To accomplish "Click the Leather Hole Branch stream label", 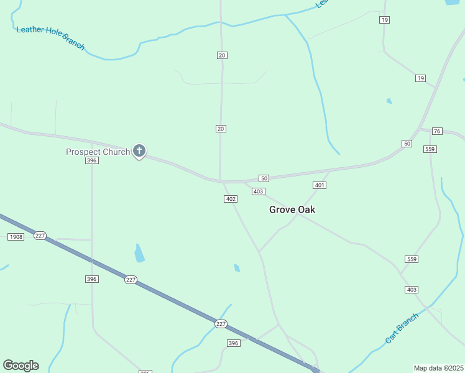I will pyautogui.click(x=50, y=37).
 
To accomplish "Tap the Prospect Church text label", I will pyautogui.click(x=98, y=152).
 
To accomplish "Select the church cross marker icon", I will pyautogui.click(x=139, y=150).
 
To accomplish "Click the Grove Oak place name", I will pyautogui.click(x=292, y=210).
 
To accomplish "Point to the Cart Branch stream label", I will pyautogui.click(x=402, y=328).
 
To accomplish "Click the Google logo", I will pyautogui.click(x=21, y=366).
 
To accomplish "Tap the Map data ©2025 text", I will pyautogui.click(x=438, y=368).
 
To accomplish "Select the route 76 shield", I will pyautogui.click(x=437, y=131).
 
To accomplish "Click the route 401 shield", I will pyautogui.click(x=320, y=185).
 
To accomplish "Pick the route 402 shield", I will pyautogui.click(x=231, y=199).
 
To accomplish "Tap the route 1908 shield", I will pyautogui.click(x=16, y=237).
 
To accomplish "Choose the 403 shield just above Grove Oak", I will pyautogui.click(x=259, y=191).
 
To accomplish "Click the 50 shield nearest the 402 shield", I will pyautogui.click(x=264, y=178).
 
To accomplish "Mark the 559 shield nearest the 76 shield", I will pyautogui.click(x=430, y=149).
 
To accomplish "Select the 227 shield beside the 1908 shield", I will pyautogui.click(x=40, y=236).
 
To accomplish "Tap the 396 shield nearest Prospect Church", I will pyautogui.click(x=92, y=160).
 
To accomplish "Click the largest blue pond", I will pyautogui.click(x=139, y=252).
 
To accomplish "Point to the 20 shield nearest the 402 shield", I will pyautogui.click(x=221, y=129).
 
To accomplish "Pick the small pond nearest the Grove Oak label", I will pyautogui.click(x=237, y=268).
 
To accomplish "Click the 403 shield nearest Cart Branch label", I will pyautogui.click(x=412, y=290).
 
